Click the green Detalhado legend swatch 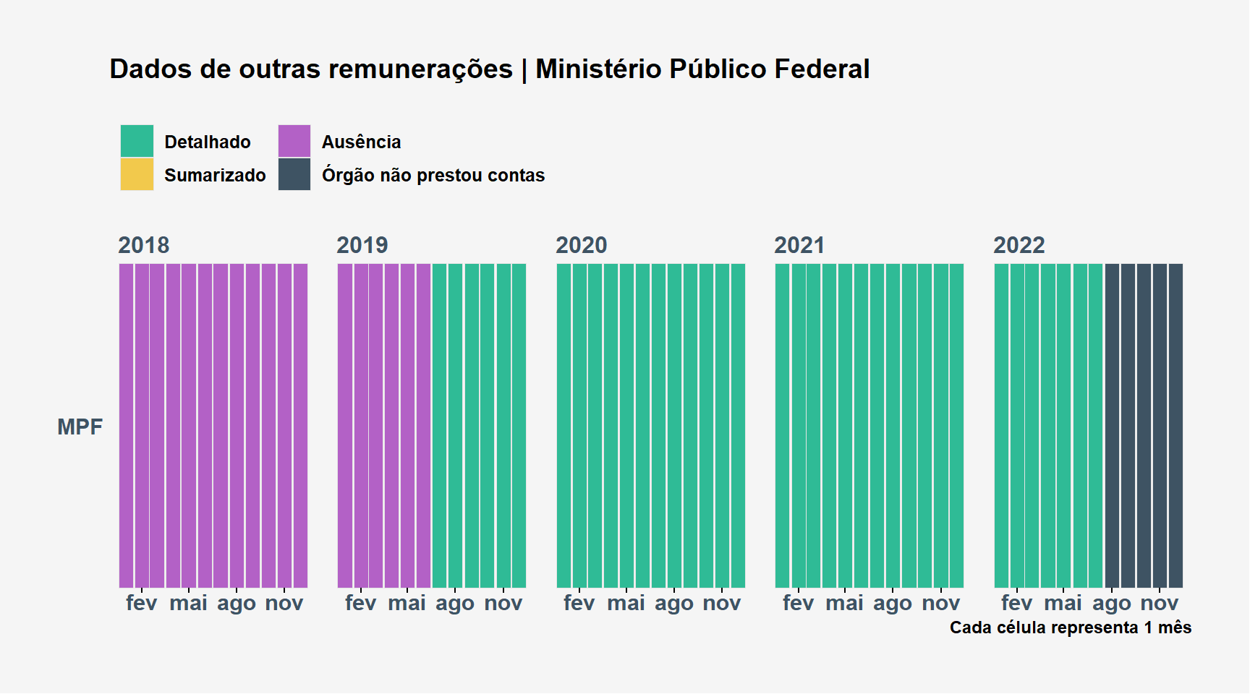[x=137, y=141]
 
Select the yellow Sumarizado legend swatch [x=137, y=174]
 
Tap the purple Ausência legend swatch [x=294, y=141]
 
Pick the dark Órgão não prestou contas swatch [x=294, y=174]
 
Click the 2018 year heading [x=144, y=245]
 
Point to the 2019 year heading [x=362, y=245]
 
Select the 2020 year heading [x=582, y=245]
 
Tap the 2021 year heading [x=799, y=245]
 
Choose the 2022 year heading [x=1019, y=245]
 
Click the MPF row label [x=80, y=427]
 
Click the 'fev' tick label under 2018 [x=141, y=602]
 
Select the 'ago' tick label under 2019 [x=455, y=604]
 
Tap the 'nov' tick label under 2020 [x=722, y=603]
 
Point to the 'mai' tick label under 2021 [x=844, y=602]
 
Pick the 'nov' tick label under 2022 [x=1160, y=603]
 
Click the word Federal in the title [x=822, y=69]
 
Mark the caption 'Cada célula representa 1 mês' [x=1071, y=627]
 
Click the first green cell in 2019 [x=439, y=426]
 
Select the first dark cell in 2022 [x=1112, y=426]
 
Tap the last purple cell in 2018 [x=300, y=426]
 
